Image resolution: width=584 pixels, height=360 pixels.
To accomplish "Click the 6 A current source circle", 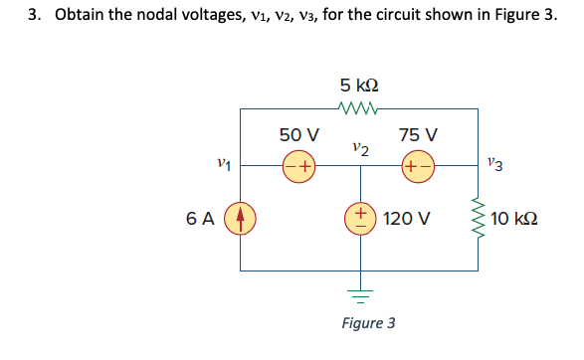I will (240, 216).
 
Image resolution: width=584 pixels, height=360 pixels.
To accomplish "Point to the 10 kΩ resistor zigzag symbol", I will (482, 217).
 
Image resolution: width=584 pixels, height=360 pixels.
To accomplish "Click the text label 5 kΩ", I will (358, 85).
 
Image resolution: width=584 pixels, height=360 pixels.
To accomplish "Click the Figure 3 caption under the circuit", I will (368, 323).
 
